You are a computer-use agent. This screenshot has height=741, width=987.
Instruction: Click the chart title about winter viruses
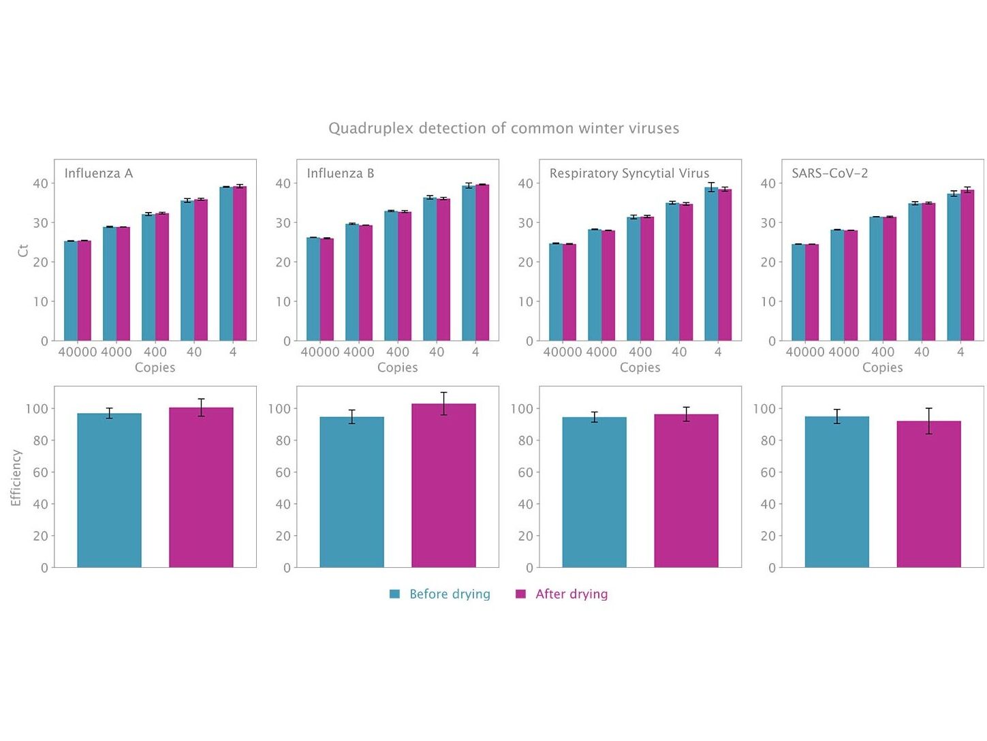[503, 128]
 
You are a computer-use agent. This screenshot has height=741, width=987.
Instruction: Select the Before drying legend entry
[449, 594]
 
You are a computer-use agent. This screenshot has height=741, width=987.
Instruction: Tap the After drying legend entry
[571, 594]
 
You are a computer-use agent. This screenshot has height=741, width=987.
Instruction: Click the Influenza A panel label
[99, 173]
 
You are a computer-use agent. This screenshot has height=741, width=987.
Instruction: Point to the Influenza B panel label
[341, 173]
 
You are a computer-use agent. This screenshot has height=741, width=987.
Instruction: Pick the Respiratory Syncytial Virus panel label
[629, 173]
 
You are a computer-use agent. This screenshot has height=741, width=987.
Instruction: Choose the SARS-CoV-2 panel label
[830, 173]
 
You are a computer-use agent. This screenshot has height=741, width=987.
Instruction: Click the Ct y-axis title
[23, 250]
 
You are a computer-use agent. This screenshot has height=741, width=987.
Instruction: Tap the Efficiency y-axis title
[16, 477]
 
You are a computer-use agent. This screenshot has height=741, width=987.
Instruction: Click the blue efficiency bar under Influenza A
[109, 491]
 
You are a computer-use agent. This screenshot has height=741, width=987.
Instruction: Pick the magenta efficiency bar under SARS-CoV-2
[928, 494]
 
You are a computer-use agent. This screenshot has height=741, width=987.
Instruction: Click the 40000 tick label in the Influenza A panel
[78, 352]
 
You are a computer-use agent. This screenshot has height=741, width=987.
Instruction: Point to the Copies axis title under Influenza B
[397, 367]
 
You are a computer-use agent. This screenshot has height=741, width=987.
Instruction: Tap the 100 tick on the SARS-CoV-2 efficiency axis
[764, 408]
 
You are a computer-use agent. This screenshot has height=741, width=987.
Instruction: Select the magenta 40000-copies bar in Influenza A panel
[84, 291]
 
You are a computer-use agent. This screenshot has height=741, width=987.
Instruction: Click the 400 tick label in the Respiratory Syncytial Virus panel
[640, 352]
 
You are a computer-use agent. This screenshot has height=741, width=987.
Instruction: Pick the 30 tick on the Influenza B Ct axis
[283, 222]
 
